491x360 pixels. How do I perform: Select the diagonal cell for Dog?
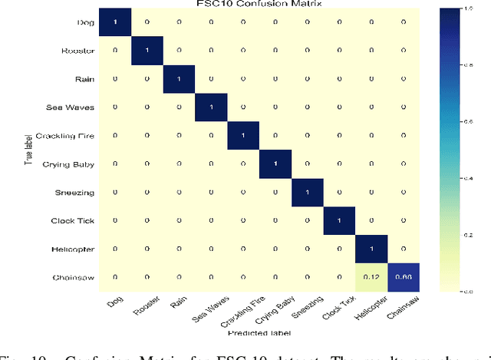[x=116, y=21]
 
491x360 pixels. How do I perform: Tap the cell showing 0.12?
[x=371, y=277]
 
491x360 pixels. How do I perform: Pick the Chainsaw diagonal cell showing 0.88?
[x=403, y=277]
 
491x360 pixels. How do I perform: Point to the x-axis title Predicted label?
[x=259, y=332]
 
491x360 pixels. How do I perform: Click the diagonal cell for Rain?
[x=180, y=78]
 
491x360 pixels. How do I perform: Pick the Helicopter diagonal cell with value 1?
[x=371, y=249]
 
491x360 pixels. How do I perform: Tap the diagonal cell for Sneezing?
[x=308, y=192]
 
